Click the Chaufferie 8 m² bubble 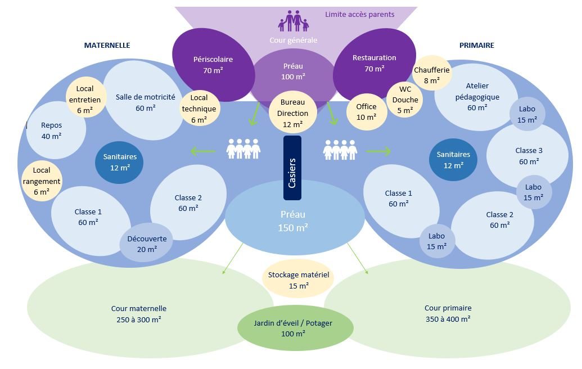click(x=432, y=75)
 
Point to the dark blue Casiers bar click(x=292, y=168)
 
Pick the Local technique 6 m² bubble click(x=199, y=109)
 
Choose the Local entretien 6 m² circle click(x=85, y=99)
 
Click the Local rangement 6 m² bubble click(x=42, y=181)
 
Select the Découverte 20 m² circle click(x=147, y=244)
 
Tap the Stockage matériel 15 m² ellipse click(x=299, y=280)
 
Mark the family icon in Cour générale click(x=293, y=21)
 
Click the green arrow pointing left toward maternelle click(x=202, y=151)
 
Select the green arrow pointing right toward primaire click(x=378, y=151)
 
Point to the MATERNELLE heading click(x=107, y=45)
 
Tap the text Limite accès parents click(x=359, y=14)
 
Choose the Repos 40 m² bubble click(x=52, y=130)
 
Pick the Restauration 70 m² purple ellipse click(x=374, y=62)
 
